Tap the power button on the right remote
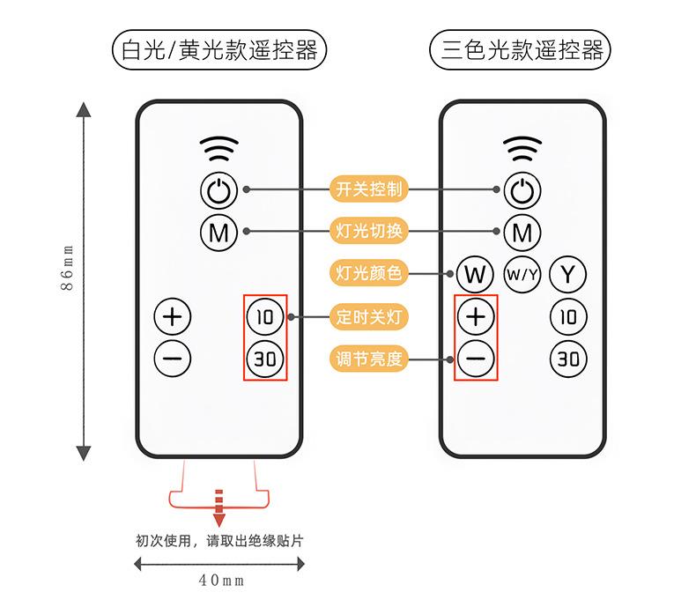click(x=522, y=189)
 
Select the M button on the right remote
click(x=522, y=233)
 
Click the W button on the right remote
click(x=475, y=274)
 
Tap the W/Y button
click(x=522, y=274)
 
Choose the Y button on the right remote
click(x=568, y=274)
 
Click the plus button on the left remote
click(x=173, y=315)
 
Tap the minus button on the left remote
click(x=173, y=358)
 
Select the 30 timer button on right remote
click(x=568, y=358)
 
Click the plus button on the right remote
click(x=476, y=315)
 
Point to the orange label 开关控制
click(x=369, y=189)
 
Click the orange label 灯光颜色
click(x=369, y=274)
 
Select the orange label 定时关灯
click(x=369, y=315)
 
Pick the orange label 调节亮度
click(x=369, y=358)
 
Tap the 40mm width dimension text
click(x=221, y=581)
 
